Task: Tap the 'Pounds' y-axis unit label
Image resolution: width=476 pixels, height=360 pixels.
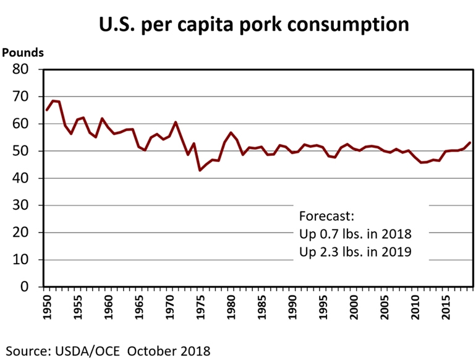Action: pos(23,53)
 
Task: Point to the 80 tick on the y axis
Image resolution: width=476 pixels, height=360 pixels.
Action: pos(23,69)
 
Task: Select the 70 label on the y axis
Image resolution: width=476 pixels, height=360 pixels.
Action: pos(23,96)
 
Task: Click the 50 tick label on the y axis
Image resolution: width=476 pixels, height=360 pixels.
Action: pos(23,151)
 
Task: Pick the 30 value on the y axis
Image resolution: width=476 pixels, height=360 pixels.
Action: pos(23,205)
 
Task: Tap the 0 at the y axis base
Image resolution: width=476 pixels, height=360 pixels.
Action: pos(28,287)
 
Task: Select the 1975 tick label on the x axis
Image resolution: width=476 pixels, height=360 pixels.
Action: pos(200,307)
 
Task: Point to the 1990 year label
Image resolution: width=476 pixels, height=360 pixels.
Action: pos(292,307)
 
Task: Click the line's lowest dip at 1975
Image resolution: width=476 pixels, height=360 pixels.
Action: pos(200,170)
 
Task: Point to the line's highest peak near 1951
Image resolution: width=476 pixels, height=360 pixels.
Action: pos(53,101)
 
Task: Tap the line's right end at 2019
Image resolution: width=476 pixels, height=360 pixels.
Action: pos(470,143)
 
